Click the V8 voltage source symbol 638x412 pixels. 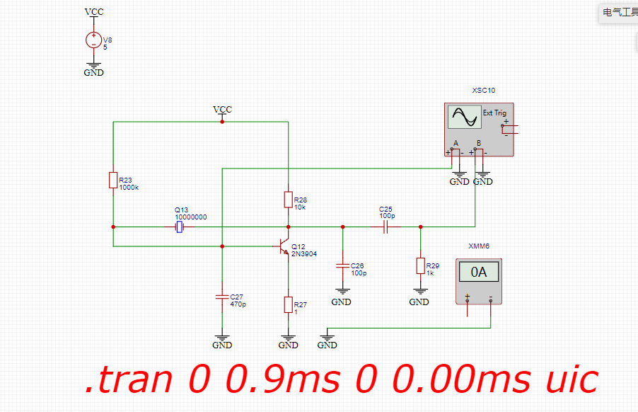pyautogui.click(x=93, y=40)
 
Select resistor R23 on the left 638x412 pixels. pyautogui.click(x=113, y=180)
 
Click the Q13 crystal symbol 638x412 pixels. pyautogui.click(x=180, y=227)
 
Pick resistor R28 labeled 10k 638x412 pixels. pyautogui.click(x=289, y=199)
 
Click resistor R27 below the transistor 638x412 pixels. pyautogui.click(x=289, y=305)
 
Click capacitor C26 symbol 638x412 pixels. pyautogui.click(x=342, y=266)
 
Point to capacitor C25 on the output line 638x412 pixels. pyautogui.click(x=386, y=227)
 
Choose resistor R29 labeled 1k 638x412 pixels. pyautogui.click(x=420, y=266)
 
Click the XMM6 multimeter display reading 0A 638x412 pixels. pyautogui.click(x=480, y=272)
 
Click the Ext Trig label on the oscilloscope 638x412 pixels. pyautogui.click(x=494, y=113)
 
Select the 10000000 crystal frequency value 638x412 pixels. pyautogui.click(x=191, y=217)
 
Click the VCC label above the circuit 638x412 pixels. pyautogui.click(x=222, y=110)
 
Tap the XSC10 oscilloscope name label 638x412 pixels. pyautogui.click(x=484, y=91)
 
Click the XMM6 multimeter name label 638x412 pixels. pyautogui.click(x=479, y=246)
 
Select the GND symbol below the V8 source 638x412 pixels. pyautogui.click(x=93, y=69)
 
